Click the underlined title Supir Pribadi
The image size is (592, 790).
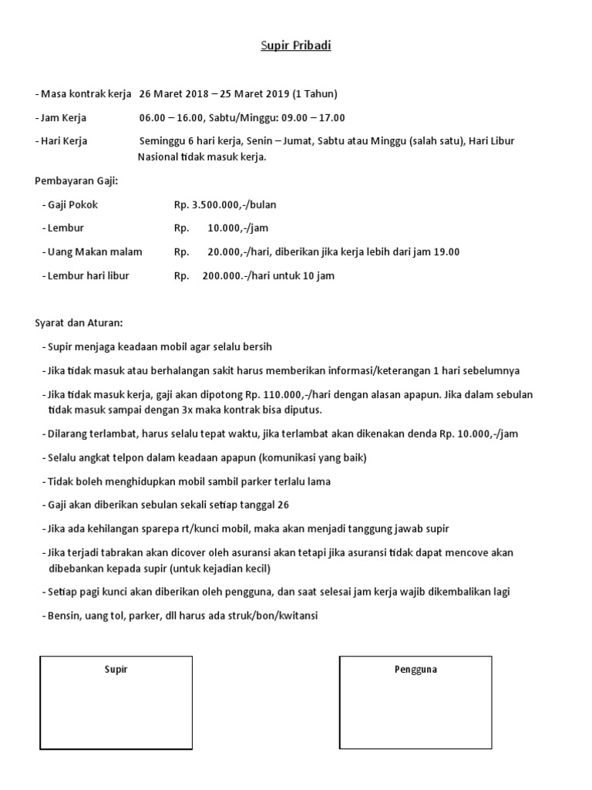295,46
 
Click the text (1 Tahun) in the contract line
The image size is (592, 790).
316,94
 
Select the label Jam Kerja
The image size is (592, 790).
63,118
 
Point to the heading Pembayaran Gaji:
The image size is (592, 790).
77,181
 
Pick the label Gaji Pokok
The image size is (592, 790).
72,205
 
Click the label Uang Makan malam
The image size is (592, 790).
95,252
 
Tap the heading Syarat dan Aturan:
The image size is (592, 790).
79,322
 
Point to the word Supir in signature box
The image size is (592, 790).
116,670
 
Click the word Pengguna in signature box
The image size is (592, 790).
415,670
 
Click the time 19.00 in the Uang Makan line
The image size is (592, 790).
446,252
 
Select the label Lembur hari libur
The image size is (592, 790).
88,275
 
